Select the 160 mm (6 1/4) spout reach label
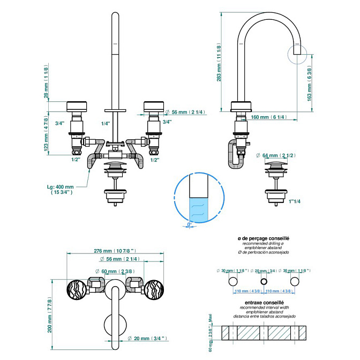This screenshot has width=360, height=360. pos(269,117)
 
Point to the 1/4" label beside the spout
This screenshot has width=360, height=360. pos(106,123)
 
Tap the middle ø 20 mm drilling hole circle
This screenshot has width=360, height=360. pos(263,281)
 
